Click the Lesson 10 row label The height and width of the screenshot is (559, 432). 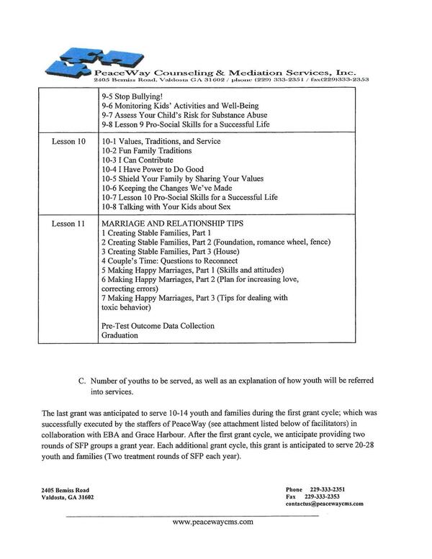68,142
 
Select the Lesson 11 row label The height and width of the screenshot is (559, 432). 68,224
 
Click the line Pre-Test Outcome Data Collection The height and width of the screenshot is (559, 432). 158,326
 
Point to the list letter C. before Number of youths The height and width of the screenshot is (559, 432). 83,380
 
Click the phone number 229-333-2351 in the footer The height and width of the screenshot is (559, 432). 328,489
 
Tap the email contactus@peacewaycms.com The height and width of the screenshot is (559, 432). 324,504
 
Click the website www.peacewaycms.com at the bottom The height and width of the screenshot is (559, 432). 214,524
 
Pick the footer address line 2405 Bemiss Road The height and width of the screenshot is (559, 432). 66,489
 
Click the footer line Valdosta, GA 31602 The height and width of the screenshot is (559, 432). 68,497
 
